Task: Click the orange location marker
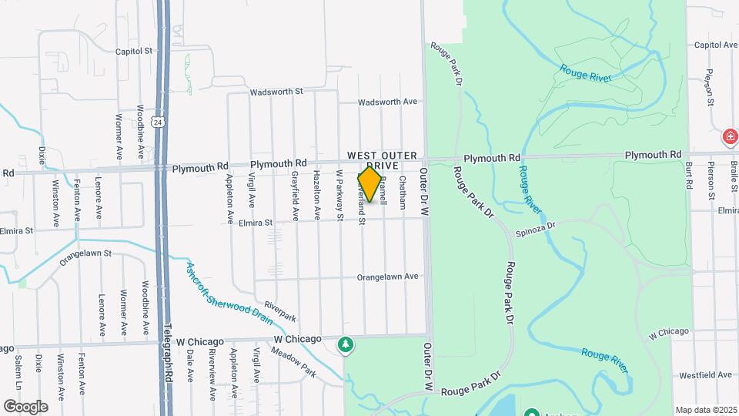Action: click(370, 185)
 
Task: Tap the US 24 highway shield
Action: click(157, 122)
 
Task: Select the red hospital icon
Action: click(729, 137)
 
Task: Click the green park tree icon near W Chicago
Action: click(346, 344)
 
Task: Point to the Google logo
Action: click(26, 406)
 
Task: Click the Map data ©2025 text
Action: click(705, 410)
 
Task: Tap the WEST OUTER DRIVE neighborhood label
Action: click(381, 160)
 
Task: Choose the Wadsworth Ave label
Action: click(387, 102)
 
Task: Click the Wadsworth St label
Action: click(276, 92)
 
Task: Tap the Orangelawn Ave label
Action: click(387, 277)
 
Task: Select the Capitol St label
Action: click(134, 52)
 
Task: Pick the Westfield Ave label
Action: click(705, 375)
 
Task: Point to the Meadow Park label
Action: click(293, 362)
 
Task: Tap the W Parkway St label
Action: click(339, 196)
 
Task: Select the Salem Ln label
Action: click(18, 373)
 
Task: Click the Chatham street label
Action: click(403, 192)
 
